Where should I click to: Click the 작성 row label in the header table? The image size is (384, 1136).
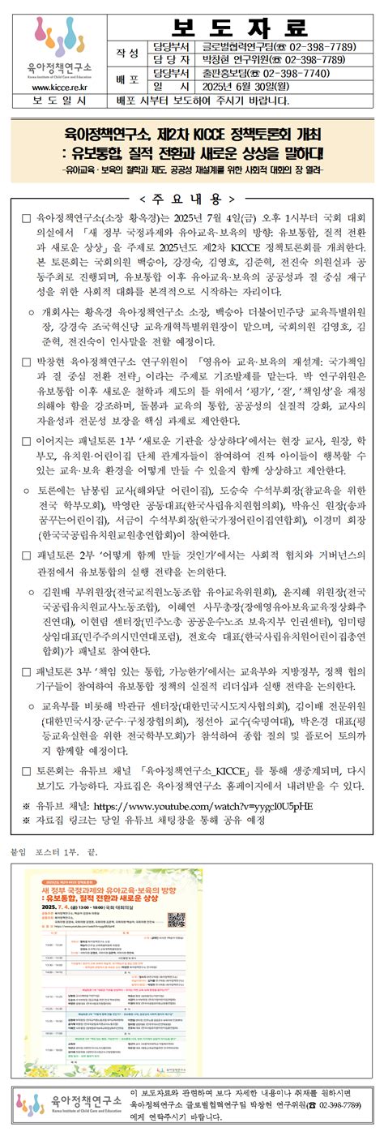point(127,53)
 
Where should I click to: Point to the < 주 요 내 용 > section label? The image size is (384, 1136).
point(192,199)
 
